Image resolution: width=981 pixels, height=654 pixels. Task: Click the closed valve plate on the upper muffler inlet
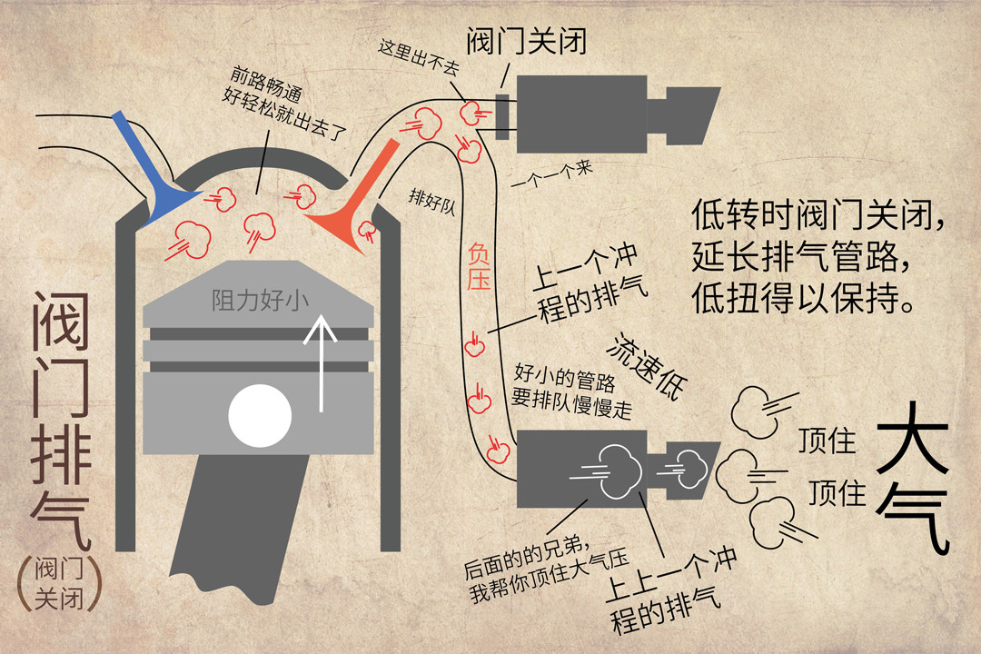502,115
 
